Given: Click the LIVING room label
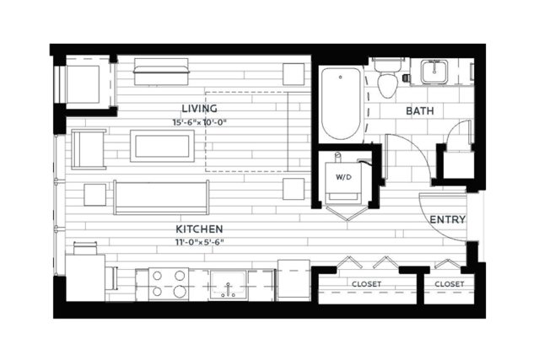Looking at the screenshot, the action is point(199,109).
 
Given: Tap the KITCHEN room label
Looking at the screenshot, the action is point(199,228).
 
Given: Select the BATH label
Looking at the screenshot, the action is point(420,111).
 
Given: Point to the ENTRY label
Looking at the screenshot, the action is point(448,219).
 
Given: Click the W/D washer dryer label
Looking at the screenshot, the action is point(344,177).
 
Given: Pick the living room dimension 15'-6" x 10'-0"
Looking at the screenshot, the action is point(200,122).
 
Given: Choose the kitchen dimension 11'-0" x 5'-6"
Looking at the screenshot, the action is point(200,242).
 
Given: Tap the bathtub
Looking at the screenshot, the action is point(341,104).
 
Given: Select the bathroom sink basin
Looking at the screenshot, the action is point(434,72).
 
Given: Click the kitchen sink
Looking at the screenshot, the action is point(229,284).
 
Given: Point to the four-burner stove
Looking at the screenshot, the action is point(169,284).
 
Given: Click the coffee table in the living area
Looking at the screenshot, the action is point(162,146).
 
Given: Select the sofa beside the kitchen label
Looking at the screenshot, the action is point(161,197).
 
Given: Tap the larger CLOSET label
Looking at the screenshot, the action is point(366,284).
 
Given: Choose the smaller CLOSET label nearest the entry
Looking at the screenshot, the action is point(450,284).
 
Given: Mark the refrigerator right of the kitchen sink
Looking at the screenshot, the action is point(294,280).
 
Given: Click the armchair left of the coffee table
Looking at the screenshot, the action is point(89,149).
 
